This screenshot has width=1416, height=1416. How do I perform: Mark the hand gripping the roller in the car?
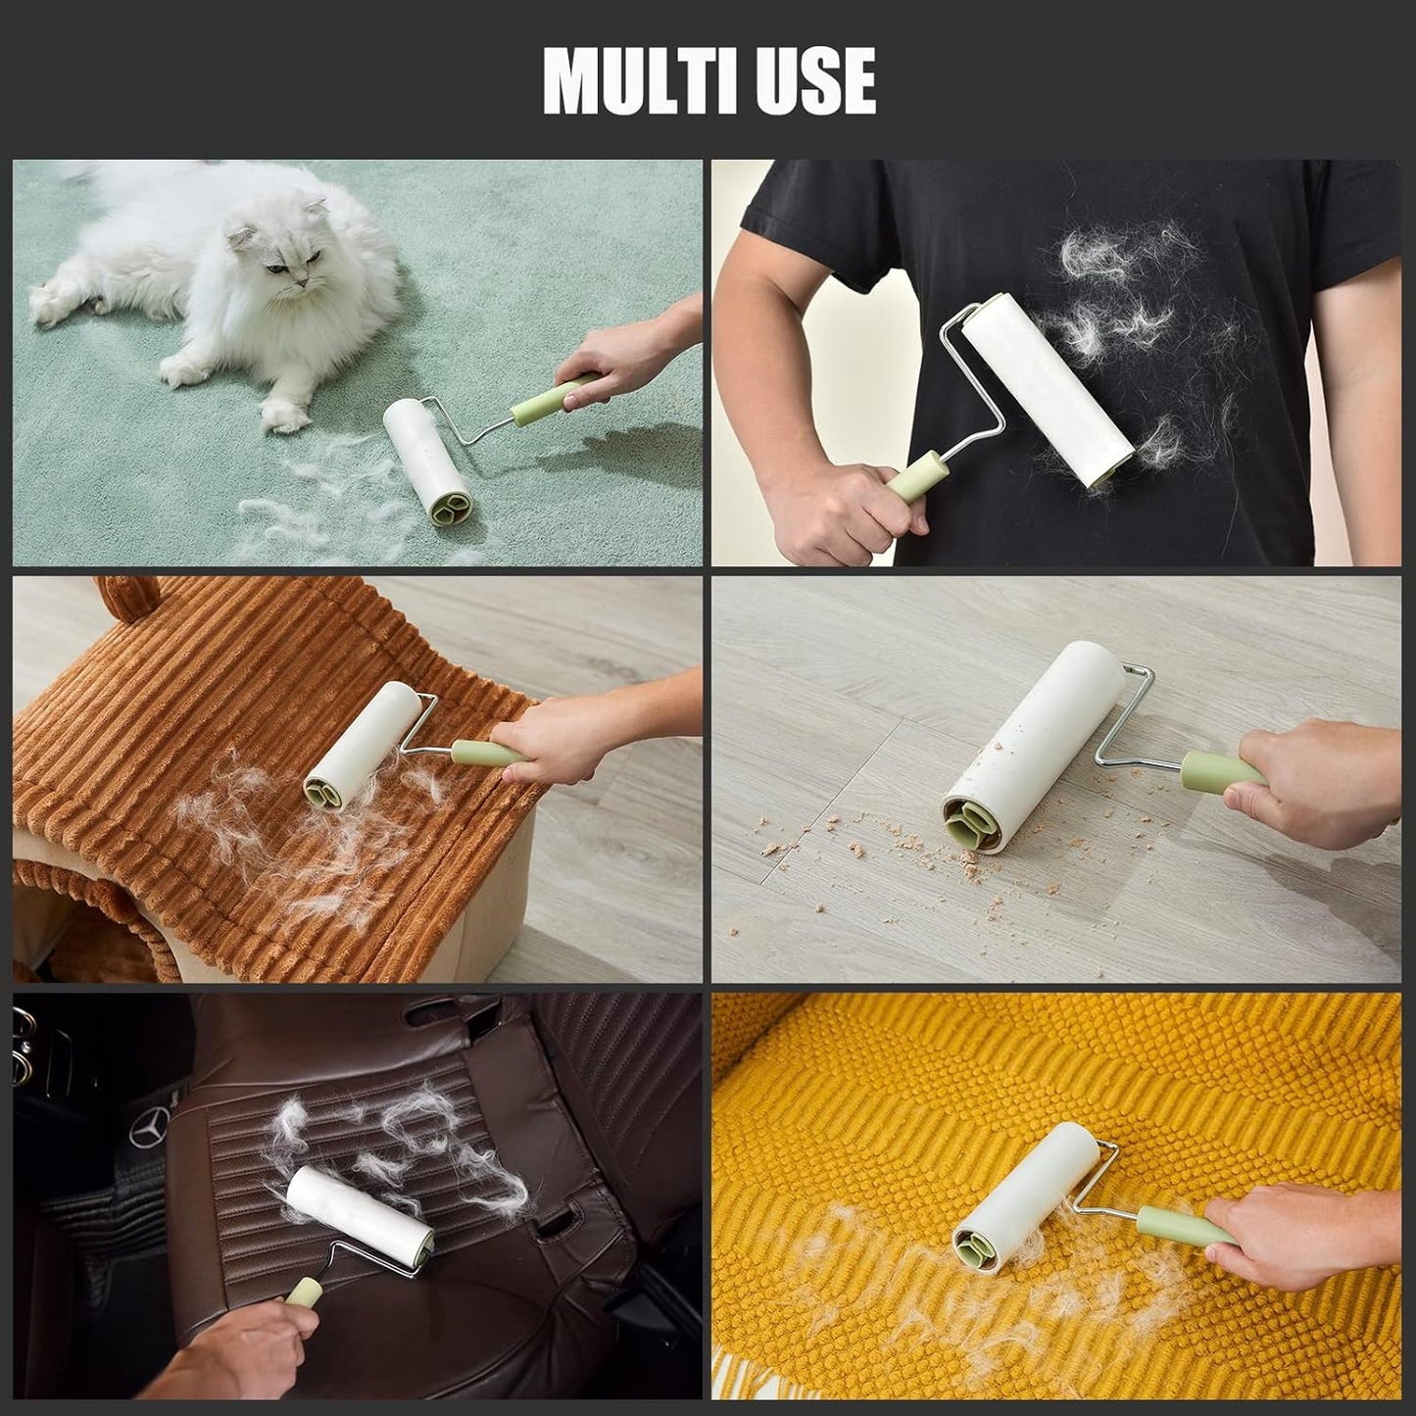[235, 1352]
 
